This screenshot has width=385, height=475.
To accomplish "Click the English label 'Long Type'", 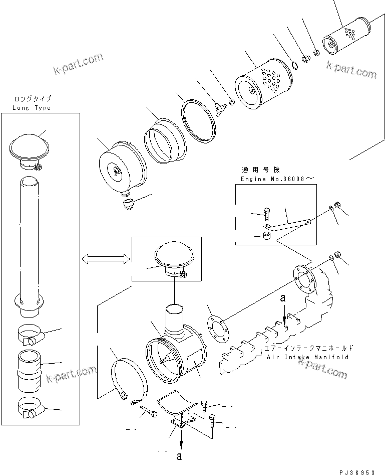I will click(32, 108).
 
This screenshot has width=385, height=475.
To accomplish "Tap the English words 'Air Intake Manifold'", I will click(307, 357).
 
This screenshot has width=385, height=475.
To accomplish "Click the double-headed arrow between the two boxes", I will click(105, 259).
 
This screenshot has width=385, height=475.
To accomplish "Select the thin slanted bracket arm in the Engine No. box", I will click(288, 221).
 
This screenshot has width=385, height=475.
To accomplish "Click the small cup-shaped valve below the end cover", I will click(129, 205).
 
